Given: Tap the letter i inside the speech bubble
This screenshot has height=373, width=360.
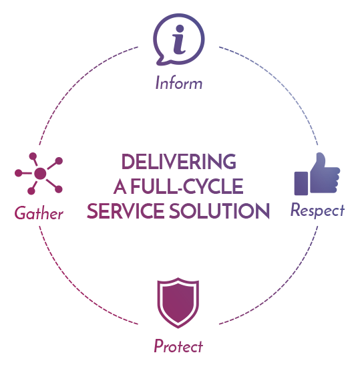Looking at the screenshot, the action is (179, 39).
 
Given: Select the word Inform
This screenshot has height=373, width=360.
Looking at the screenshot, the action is (179, 83).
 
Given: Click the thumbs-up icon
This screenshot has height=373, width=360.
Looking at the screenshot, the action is (317, 174).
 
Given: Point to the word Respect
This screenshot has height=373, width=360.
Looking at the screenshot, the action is (317, 211).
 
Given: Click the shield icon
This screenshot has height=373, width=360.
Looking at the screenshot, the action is (178, 303).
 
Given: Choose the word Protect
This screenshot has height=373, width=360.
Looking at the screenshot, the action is (178, 346).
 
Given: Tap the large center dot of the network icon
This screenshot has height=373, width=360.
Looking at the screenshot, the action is (40, 173).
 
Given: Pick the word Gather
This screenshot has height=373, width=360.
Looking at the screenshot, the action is (39, 213).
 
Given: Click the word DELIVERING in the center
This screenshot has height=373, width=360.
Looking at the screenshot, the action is (179, 162).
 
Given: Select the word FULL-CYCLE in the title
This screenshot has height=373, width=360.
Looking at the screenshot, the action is (187, 186).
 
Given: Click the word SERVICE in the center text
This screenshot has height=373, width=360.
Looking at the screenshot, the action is (125, 211).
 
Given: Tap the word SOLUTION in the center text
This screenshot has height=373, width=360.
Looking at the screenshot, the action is (219, 211).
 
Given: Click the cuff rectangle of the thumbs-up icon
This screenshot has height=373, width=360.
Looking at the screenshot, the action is (301, 183).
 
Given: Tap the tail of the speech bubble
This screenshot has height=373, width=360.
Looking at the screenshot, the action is (162, 61).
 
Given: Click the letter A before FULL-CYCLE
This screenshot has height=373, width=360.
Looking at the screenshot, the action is (120, 186).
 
